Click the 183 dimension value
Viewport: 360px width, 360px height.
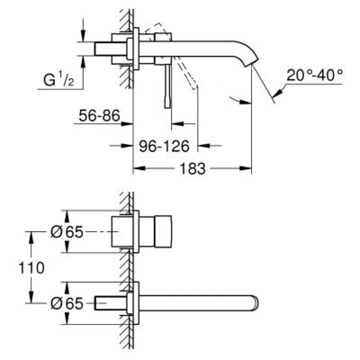[192, 169]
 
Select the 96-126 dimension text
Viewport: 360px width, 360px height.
[164, 146]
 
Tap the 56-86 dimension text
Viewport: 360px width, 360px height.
[99, 116]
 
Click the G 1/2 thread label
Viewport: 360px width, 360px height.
[58, 79]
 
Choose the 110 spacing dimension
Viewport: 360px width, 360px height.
[31, 268]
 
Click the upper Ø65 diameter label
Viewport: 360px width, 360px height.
[67, 232]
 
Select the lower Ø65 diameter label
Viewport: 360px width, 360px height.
[67, 303]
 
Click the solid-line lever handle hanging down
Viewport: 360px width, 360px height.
[167, 86]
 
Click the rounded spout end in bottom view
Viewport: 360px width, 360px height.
[255, 303]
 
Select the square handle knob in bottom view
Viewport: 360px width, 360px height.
[163, 232]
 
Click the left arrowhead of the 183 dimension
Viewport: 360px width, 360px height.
[139, 168]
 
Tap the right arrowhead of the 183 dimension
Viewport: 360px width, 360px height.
[245, 168]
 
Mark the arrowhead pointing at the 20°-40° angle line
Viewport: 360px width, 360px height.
[278, 92]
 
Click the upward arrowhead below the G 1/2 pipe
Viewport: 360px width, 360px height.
[83, 62]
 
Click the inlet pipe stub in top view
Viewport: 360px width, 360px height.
[110, 49]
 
